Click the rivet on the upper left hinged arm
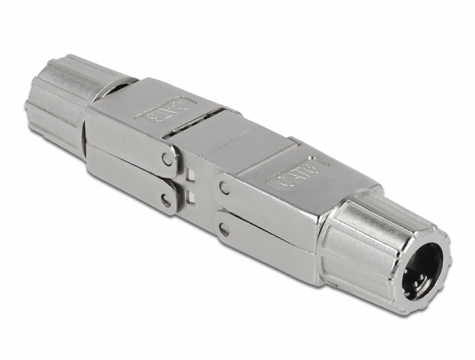pos(167,160)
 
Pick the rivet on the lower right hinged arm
pos(224,230)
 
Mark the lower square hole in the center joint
pos(191,198)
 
